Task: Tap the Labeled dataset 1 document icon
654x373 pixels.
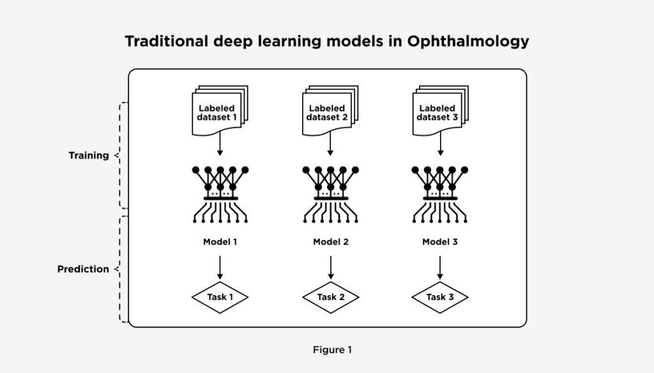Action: click(x=218, y=112)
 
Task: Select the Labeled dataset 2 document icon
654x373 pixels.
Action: click(x=328, y=112)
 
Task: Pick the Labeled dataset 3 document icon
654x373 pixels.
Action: click(x=439, y=112)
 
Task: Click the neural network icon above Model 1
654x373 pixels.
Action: click(x=220, y=194)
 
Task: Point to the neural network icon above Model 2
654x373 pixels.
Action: click(x=330, y=194)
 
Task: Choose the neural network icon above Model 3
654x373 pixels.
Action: click(x=440, y=194)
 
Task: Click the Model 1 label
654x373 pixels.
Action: click(x=220, y=242)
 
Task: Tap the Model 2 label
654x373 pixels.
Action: click(x=330, y=242)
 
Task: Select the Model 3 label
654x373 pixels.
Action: click(x=440, y=242)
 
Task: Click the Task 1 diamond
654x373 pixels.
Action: click(x=220, y=297)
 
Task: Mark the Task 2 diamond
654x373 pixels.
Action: click(x=330, y=297)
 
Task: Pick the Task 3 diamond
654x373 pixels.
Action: click(x=440, y=297)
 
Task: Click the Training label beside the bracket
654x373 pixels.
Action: click(x=89, y=155)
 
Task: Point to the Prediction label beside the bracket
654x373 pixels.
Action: click(x=83, y=269)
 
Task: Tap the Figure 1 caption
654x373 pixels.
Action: click(x=332, y=349)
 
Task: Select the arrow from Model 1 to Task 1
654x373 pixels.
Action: click(x=220, y=266)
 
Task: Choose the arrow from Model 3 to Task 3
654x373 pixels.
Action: click(x=440, y=266)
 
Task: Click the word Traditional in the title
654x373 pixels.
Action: click(x=167, y=42)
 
